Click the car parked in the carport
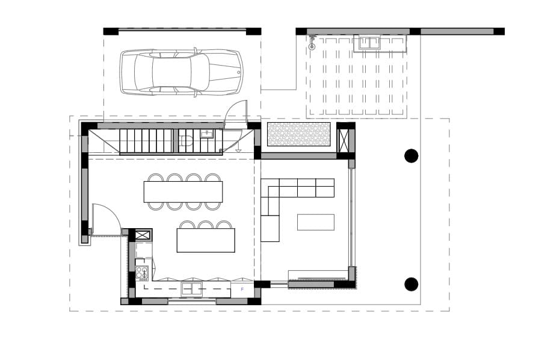(x=181, y=73)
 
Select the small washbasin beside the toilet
(x=207, y=134)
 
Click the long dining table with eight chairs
(x=183, y=191)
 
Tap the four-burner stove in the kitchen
(x=142, y=273)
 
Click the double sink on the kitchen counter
(x=192, y=289)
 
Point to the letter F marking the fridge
(x=242, y=289)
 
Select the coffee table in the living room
(x=316, y=222)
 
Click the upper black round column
(x=411, y=156)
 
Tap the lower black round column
(x=411, y=284)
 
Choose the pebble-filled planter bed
(x=299, y=134)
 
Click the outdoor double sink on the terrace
(x=369, y=43)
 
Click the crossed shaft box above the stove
(x=143, y=235)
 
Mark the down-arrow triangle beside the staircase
(x=238, y=151)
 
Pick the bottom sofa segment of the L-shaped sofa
(x=270, y=228)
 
